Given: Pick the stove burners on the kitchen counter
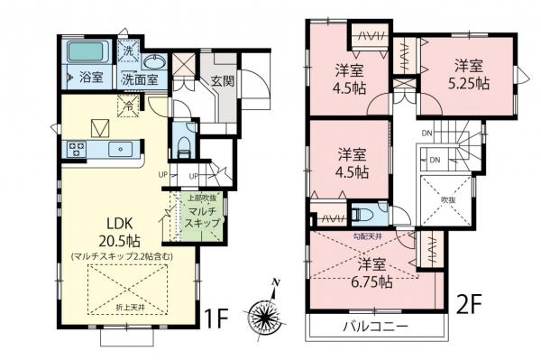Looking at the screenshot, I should tap(74, 149).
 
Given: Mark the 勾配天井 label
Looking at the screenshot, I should tap(370, 237).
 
